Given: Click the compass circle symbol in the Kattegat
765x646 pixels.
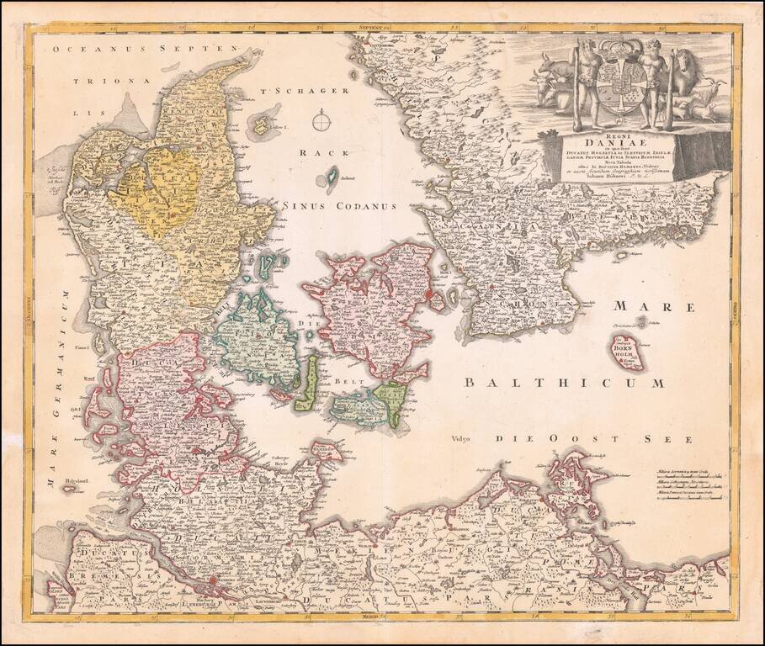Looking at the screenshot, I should (x=321, y=121).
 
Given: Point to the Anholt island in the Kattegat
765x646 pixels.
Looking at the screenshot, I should (x=332, y=176).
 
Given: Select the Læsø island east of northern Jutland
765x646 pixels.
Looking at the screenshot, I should (x=263, y=126).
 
